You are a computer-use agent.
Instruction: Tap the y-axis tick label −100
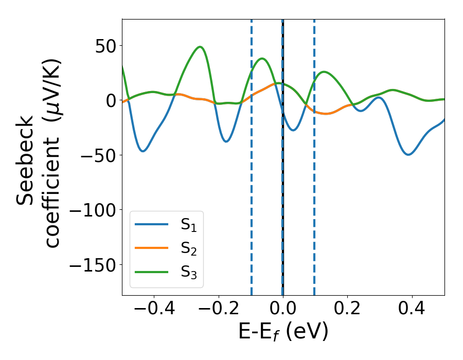[x=93, y=210]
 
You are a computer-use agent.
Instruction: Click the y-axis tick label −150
[x=93, y=265]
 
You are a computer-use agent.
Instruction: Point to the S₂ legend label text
[x=188, y=249]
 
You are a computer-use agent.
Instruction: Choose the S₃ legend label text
[x=188, y=273]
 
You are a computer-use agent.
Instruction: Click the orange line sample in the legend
[x=152, y=248]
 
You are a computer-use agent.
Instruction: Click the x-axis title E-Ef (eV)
[x=283, y=333]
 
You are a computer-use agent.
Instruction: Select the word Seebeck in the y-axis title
[x=27, y=161]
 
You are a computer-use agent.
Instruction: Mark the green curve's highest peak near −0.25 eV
[x=200, y=47]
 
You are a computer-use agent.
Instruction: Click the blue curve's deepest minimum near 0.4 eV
[x=408, y=154]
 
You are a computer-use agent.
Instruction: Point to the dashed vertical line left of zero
[x=252, y=154]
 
